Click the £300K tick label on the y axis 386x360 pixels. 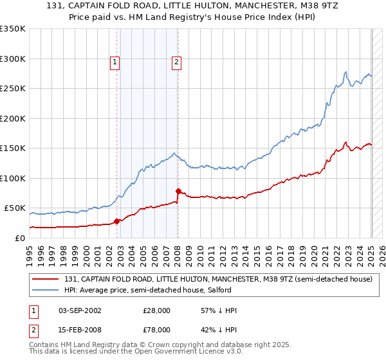pyautogui.click(x=13, y=59)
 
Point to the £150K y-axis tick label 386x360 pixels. pyautogui.click(x=13, y=148)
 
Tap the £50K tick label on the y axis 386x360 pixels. pyautogui.click(x=15, y=208)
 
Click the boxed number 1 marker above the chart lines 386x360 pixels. pyautogui.click(x=115, y=62)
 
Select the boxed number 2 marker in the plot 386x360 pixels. pyautogui.click(x=176, y=62)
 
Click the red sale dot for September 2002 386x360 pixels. pyautogui.click(x=117, y=221)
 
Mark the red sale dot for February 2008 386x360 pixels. pyautogui.click(x=178, y=191)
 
